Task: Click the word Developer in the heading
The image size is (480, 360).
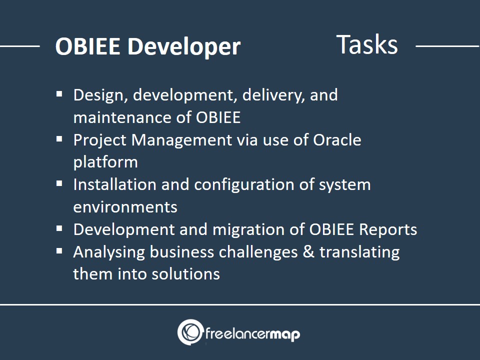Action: [x=184, y=47]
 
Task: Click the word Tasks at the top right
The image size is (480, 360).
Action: [x=367, y=44]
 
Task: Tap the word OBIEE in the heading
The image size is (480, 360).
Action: [x=87, y=46]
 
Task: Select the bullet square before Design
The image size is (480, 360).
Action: [x=59, y=94]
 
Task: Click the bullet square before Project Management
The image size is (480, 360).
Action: [x=59, y=139]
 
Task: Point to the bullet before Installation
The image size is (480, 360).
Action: [x=59, y=183]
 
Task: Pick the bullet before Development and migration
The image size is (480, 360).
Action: [x=59, y=228]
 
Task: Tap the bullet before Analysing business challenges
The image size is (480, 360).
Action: [x=59, y=251]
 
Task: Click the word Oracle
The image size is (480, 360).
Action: [x=337, y=140]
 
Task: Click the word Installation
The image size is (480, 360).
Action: [x=115, y=184]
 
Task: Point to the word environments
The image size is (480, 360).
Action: [x=125, y=207]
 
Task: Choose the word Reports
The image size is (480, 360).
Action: [x=388, y=230]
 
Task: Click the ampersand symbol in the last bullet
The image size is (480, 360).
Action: [x=308, y=252]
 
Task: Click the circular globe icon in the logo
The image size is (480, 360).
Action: [x=190, y=332]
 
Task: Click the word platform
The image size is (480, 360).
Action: [x=105, y=162]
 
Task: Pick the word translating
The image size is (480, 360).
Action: [x=359, y=252]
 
